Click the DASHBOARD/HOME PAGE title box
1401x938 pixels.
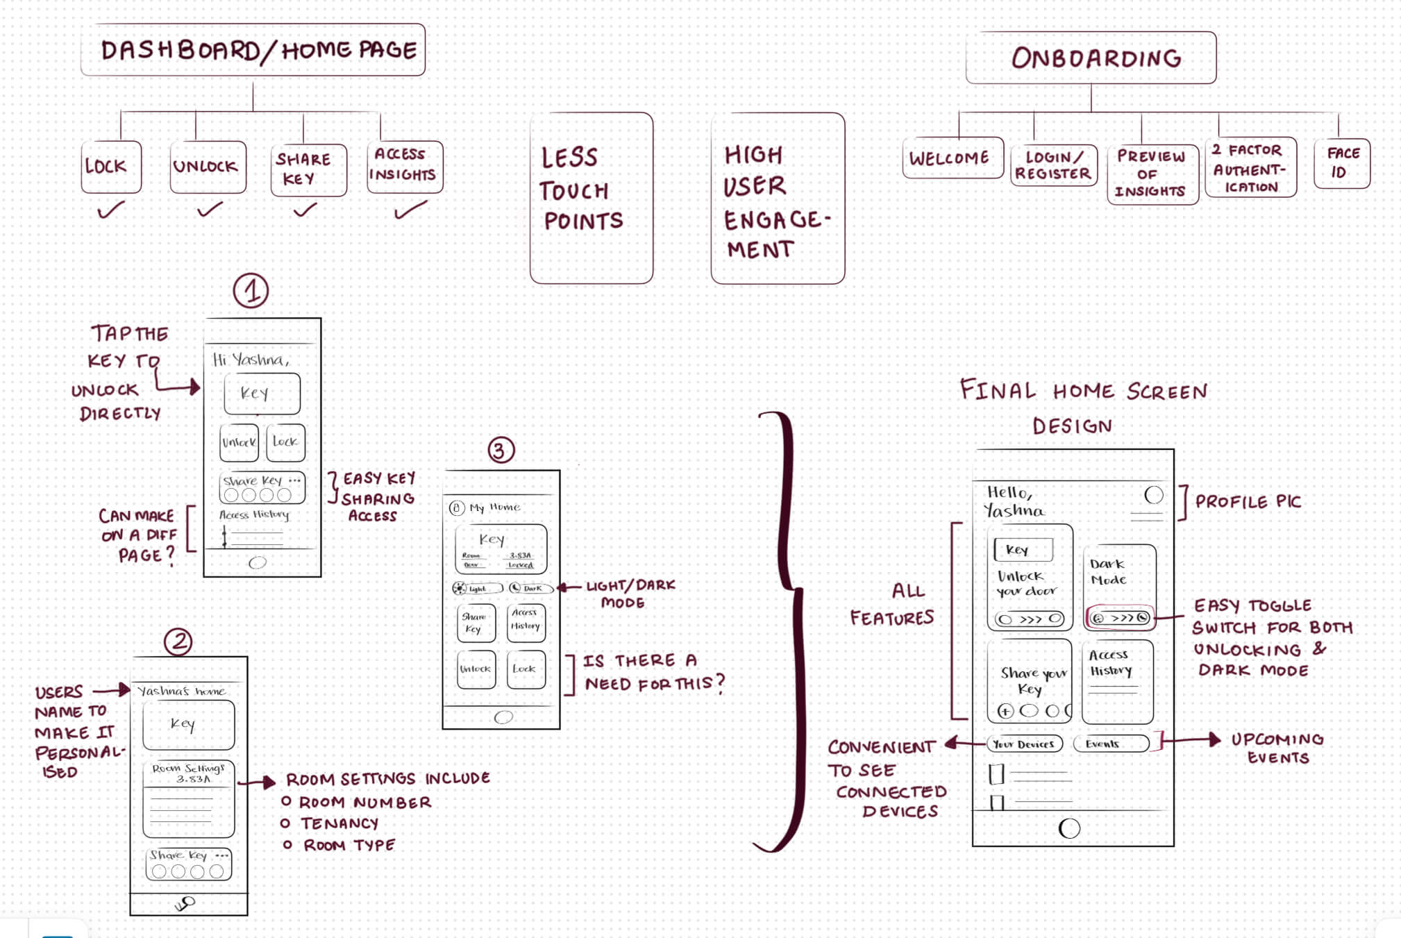point(253,50)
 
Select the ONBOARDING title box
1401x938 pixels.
point(1091,58)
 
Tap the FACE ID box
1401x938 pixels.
point(1342,163)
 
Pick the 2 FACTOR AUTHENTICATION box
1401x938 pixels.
point(1251,168)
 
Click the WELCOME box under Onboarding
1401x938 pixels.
point(953,158)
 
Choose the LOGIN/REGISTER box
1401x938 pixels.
point(1053,165)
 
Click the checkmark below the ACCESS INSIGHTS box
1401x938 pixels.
point(410,209)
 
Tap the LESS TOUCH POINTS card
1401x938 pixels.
point(591,198)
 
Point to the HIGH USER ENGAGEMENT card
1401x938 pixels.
point(778,199)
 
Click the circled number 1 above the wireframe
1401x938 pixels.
point(251,291)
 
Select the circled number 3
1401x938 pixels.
point(501,450)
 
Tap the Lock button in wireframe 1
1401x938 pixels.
point(285,442)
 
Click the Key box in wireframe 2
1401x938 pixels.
point(188,724)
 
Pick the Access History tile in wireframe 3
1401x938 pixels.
point(526,621)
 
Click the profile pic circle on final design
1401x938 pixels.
point(1153,495)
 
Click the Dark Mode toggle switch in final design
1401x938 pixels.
point(1120,617)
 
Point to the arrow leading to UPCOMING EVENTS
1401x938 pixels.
point(1190,740)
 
